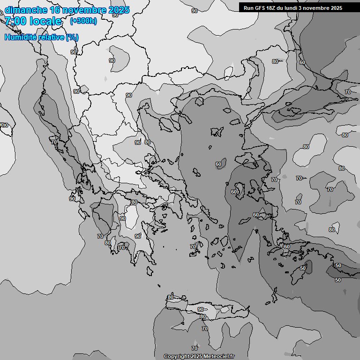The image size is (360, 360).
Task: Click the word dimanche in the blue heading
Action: [25, 10]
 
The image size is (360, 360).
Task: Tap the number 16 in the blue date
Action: [55, 10]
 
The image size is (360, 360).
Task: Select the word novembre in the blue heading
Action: [82, 10]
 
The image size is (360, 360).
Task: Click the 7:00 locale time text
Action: [33, 21]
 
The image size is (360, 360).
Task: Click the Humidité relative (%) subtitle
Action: [42, 37]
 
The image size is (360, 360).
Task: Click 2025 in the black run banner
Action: [336, 8]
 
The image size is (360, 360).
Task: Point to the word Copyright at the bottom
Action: [177, 356]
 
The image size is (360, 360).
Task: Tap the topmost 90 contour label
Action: [195, 10]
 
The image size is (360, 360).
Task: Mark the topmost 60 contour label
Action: [302, 62]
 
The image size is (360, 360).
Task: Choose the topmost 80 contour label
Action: [275, 61]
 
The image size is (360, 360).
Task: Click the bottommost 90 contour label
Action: [201, 309]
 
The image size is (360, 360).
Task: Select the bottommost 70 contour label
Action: [195, 348]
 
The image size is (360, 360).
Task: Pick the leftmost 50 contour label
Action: [303, 268]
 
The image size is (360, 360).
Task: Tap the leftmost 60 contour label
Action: [218, 164]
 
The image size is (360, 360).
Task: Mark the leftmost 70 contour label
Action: [54, 142]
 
